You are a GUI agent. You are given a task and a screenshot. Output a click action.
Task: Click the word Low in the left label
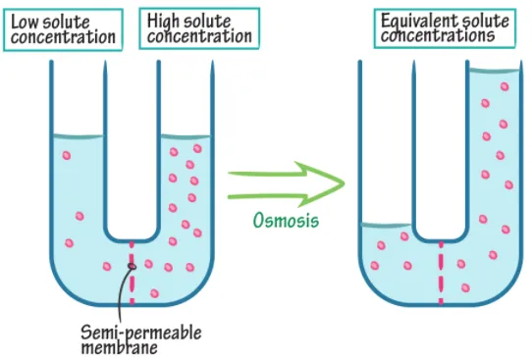(27, 20)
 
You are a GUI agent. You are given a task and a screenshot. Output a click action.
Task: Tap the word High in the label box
(162, 20)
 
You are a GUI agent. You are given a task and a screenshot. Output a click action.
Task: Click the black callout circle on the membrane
(131, 267)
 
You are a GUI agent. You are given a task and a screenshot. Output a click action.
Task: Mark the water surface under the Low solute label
(78, 136)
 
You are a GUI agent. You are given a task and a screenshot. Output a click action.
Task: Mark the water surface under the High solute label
(184, 136)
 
